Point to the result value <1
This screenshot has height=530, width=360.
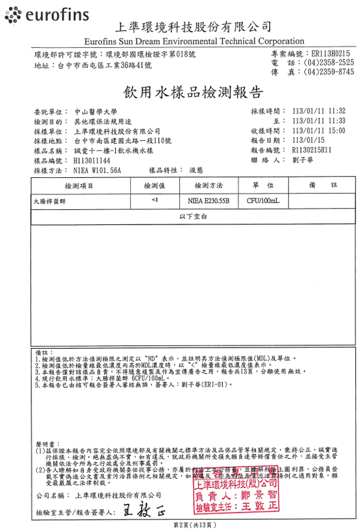154,200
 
